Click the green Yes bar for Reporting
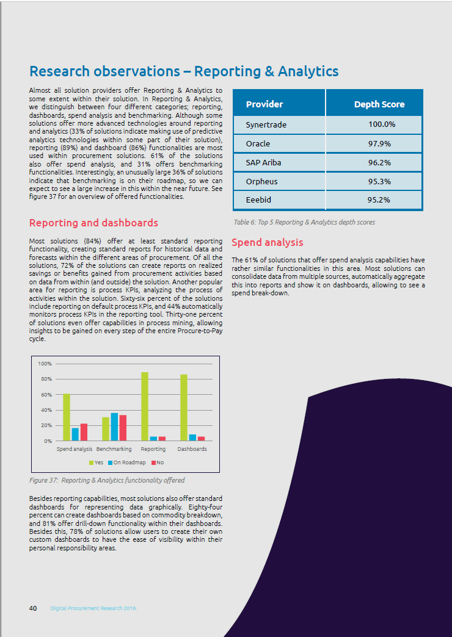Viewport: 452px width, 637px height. [x=145, y=406]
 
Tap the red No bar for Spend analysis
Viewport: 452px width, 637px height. [x=84, y=432]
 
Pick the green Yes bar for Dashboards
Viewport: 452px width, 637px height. [x=184, y=408]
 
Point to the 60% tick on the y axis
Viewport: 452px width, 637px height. [x=45, y=395]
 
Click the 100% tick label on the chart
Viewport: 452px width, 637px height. [x=45, y=364]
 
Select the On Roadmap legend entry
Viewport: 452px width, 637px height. [x=126, y=462]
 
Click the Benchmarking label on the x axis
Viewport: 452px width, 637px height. [x=114, y=449]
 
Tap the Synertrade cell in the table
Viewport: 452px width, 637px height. [x=266, y=124]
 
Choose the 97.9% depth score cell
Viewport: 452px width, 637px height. [x=381, y=144]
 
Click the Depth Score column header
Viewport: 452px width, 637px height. [x=379, y=104]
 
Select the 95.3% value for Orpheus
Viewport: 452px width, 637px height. [x=381, y=181]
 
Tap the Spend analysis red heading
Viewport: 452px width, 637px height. [x=268, y=243]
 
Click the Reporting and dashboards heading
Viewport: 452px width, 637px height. [x=93, y=223]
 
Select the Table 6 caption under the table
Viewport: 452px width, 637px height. [x=304, y=222]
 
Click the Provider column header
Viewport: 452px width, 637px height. [x=264, y=104]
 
